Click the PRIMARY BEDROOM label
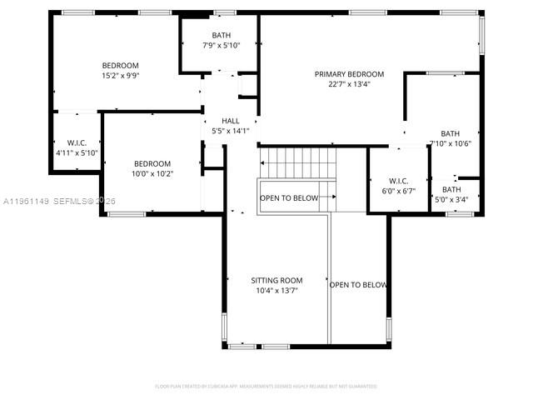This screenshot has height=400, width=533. click(x=349, y=74)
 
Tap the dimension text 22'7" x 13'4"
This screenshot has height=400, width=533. click(x=349, y=83)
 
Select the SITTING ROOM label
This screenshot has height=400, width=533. click(x=276, y=281)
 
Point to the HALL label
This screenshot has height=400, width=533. click(x=230, y=121)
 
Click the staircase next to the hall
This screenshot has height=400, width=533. click(x=297, y=162)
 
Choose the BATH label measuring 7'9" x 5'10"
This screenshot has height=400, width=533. click(x=221, y=35)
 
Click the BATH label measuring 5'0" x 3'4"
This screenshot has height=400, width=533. click(x=451, y=189)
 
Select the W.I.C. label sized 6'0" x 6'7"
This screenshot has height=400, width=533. click(x=397, y=181)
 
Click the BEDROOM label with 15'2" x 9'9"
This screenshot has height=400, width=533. click(x=120, y=65)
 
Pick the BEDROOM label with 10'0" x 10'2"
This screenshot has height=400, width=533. click(x=152, y=163)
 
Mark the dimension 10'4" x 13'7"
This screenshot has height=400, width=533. click(x=276, y=291)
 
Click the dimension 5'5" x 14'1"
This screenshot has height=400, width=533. click(x=230, y=130)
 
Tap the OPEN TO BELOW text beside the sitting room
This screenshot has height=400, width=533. click(x=358, y=285)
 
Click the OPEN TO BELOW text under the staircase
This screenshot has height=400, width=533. click(x=289, y=198)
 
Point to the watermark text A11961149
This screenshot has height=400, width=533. click(x=27, y=201)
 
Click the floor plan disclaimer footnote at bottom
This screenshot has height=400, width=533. click(x=266, y=386)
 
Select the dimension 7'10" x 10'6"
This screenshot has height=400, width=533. click(x=451, y=143)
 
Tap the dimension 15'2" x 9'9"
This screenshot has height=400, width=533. click(x=120, y=75)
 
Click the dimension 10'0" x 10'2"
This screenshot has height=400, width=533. click(x=152, y=173)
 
